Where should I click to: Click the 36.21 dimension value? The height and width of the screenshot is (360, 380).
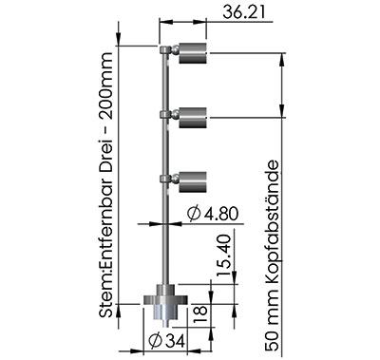point(243,12)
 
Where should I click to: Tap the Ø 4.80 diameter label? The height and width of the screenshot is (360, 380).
point(212,214)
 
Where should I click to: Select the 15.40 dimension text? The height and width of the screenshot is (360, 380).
point(226,256)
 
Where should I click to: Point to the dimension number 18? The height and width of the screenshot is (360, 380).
point(200,314)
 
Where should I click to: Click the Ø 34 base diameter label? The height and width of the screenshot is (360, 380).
point(166,342)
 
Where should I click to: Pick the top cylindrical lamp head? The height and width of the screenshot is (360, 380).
point(193,53)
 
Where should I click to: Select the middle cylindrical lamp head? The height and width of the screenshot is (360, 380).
point(193,118)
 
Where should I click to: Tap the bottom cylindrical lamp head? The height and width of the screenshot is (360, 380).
point(193,182)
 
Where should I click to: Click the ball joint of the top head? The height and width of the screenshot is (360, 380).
point(175,49)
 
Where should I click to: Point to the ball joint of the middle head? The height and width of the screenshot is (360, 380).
point(175,114)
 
